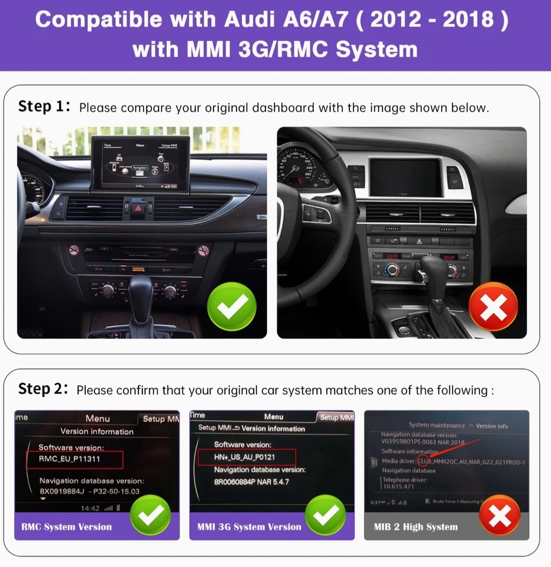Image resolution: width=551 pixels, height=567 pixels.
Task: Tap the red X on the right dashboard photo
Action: point(493,307)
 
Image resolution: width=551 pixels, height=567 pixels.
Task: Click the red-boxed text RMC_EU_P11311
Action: point(70,458)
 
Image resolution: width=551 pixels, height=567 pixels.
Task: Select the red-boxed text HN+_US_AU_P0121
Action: point(245,457)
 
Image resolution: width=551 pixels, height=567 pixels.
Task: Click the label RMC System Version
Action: point(66,527)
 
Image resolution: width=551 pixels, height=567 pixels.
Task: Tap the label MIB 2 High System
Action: point(416,527)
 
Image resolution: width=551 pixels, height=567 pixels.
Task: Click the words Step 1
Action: point(44,107)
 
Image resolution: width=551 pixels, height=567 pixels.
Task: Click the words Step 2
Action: point(44,390)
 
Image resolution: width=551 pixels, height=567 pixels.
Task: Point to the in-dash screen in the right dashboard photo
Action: point(405,178)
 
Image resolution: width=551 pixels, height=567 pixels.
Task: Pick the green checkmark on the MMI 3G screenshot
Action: point(325,516)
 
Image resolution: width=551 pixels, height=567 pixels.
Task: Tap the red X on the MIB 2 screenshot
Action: point(500,516)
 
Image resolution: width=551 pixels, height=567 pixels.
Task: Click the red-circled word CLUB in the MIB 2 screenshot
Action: point(424,461)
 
